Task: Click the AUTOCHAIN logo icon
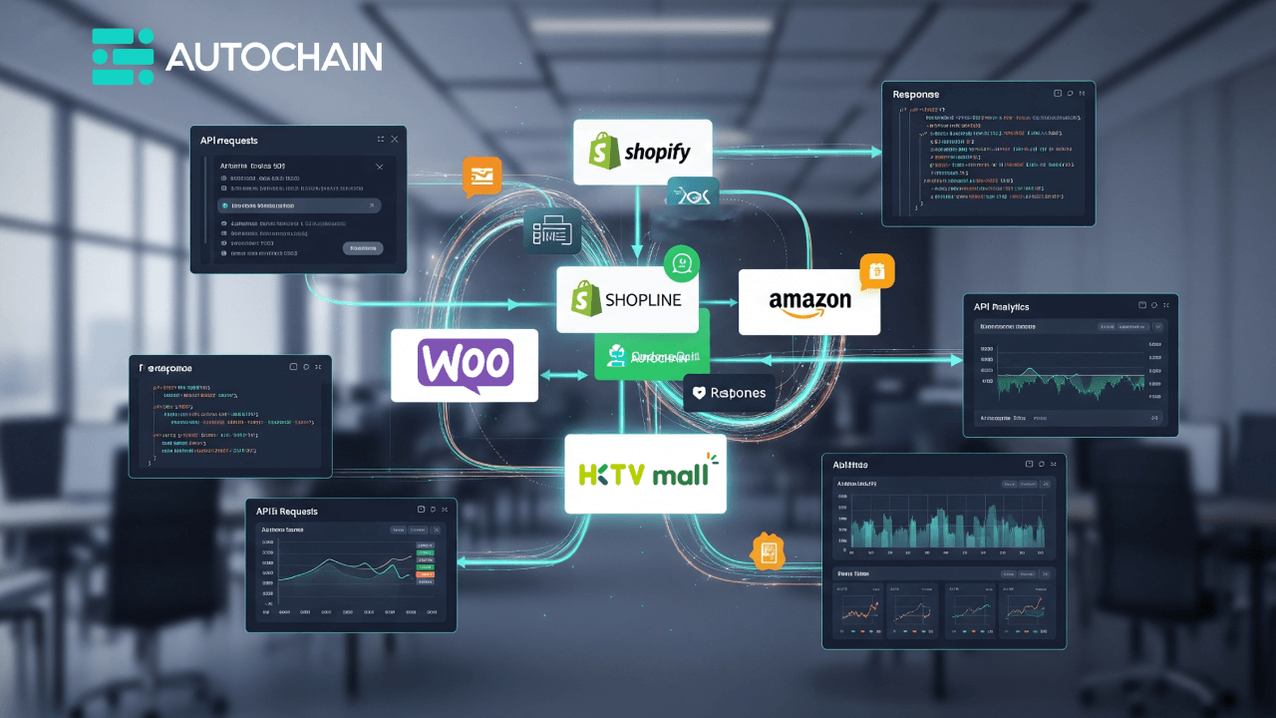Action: click(123, 57)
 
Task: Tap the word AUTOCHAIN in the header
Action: click(273, 57)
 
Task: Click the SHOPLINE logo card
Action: click(628, 299)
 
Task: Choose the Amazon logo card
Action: click(808, 302)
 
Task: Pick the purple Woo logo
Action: click(465, 365)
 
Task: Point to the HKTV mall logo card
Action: click(645, 473)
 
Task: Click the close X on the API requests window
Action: click(395, 140)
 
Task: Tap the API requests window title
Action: click(229, 141)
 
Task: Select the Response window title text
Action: click(916, 94)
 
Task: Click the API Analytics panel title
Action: click(1002, 307)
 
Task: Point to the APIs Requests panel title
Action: click(287, 512)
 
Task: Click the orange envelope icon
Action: click(481, 176)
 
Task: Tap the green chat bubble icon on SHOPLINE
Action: click(682, 264)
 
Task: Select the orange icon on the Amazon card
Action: click(877, 271)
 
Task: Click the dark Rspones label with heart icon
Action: click(730, 393)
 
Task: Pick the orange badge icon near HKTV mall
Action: click(769, 551)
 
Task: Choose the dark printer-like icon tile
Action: click(552, 230)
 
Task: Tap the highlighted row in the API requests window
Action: click(298, 205)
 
